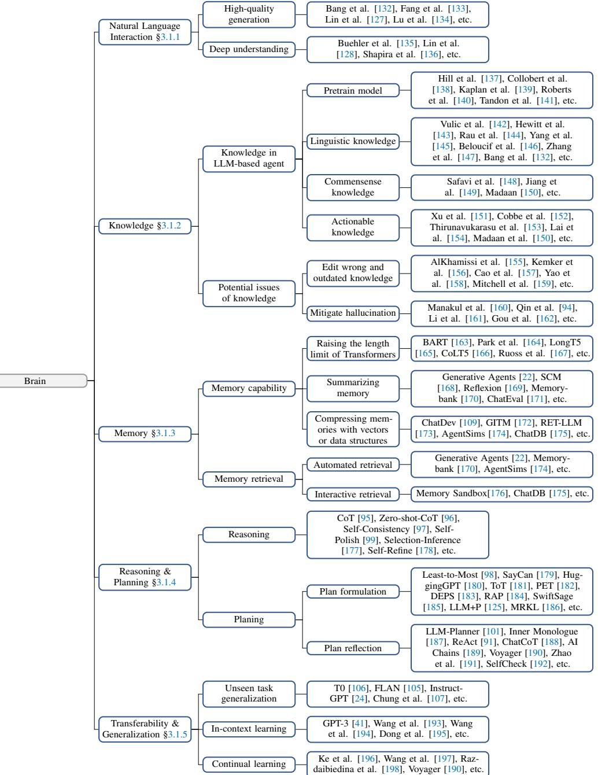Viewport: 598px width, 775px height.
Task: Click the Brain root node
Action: pos(43,381)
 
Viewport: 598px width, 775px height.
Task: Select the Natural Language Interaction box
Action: pos(145,32)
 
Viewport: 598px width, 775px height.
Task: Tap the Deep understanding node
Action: pos(249,49)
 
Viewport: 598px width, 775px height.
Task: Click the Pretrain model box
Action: pos(353,91)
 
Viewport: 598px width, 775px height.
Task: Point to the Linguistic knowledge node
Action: pos(353,141)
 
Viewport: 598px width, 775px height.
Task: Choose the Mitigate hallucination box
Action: pos(353,313)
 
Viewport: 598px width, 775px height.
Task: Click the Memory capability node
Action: pos(249,388)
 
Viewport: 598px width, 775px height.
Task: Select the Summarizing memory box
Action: pos(353,388)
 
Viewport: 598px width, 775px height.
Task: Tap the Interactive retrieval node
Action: pos(353,494)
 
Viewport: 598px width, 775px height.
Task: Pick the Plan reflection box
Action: pos(353,648)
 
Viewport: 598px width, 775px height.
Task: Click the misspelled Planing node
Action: pos(249,619)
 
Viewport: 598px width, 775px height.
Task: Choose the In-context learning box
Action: pos(249,729)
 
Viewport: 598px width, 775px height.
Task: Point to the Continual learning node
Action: pos(249,764)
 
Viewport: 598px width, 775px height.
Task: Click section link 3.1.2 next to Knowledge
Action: pos(171,226)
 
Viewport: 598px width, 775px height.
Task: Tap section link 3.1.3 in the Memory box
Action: pos(165,433)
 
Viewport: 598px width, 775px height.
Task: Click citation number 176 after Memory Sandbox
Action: pos(497,493)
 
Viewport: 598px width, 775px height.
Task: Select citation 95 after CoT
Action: pos(365,518)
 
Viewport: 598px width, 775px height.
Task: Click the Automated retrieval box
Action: pos(353,465)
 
